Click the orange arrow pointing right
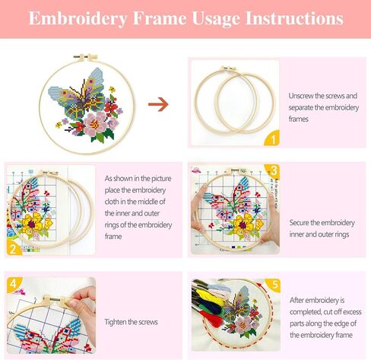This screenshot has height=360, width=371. [158, 104]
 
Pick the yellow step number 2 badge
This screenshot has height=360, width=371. [12, 248]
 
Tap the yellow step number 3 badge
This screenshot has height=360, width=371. [273, 169]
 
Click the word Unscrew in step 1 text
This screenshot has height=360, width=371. [302, 96]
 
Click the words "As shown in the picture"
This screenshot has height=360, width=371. [139, 177]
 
